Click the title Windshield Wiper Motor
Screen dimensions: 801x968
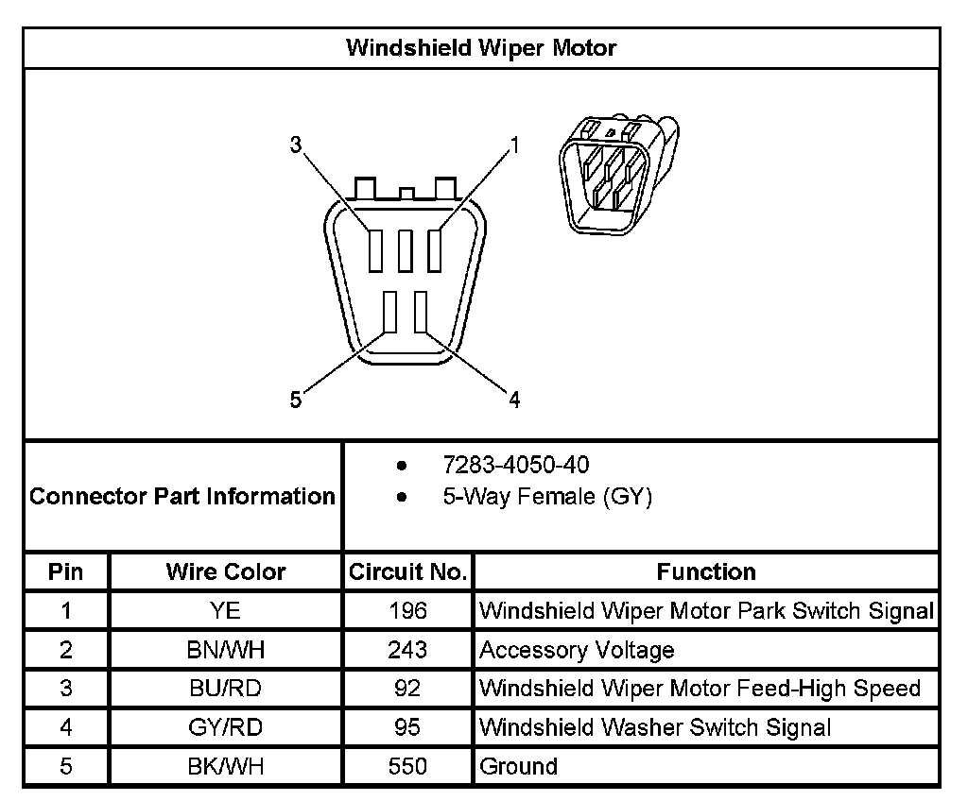click(481, 47)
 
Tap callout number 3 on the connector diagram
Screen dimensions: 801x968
click(296, 145)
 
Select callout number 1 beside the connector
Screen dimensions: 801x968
click(515, 145)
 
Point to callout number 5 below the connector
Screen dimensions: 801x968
click(296, 400)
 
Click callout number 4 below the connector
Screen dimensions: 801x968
click(514, 400)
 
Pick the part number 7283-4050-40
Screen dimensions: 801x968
click(517, 465)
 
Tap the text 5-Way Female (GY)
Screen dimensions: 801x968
click(547, 497)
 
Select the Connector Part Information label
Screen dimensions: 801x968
click(182, 496)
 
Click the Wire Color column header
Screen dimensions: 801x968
click(226, 571)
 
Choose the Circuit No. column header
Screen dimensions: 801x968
click(407, 571)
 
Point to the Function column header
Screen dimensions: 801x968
click(706, 571)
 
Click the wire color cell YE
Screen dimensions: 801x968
click(226, 610)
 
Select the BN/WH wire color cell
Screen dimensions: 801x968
click(226, 650)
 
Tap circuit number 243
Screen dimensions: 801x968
click(407, 650)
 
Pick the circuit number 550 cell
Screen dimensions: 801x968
click(407, 766)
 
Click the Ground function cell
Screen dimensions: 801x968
click(519, 766)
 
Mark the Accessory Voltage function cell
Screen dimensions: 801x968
click(577, 650)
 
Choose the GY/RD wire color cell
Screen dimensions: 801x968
click(226, 727)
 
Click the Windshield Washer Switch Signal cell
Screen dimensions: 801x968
click(655, 727)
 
